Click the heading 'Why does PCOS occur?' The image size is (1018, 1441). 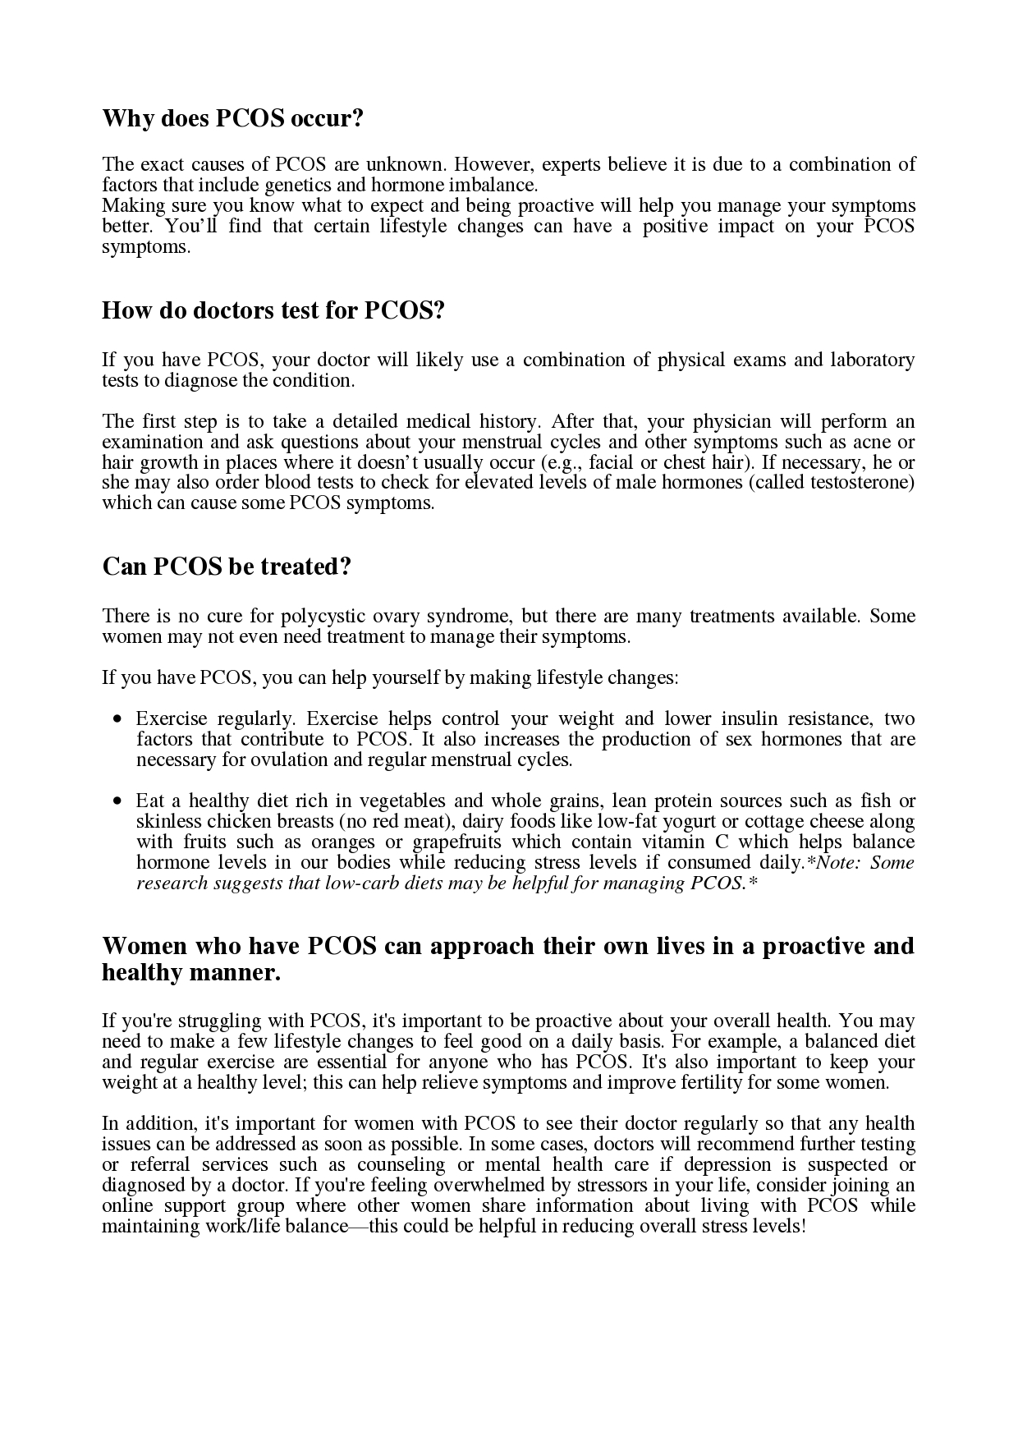pyautogui.click(x=232, y=119)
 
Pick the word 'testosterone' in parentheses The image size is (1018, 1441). pyautogui.click(x=860, y=482)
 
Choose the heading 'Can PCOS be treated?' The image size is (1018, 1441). pyautogui.click(x=227, y=567)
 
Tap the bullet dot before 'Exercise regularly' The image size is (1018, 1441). pyautogui.click(x=119, y=719)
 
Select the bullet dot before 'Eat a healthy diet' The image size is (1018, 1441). pyautogui.click(x=119, y=801)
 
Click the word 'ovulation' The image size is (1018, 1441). pyautogui.click(x=298, y=760)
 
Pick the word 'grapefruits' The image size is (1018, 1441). pyautogui.click(x=456, y=842)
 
